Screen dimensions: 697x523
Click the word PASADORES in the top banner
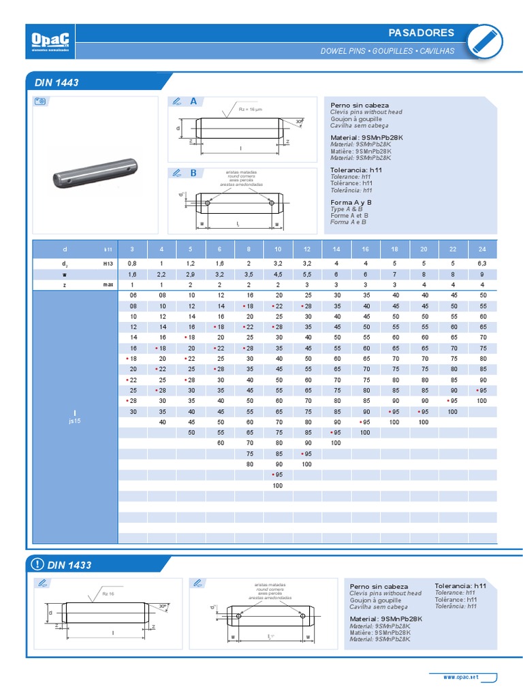(x=420, y=33)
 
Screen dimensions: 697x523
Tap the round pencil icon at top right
(x=486, y=40)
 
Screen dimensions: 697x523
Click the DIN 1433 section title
(x=69, y=565)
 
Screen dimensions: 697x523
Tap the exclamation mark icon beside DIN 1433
(x=37, y=565)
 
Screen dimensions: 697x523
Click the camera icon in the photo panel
(x=40, y=101)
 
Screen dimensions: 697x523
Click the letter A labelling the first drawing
(x=193, y=101)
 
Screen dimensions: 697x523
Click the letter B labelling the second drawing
(x=193, y=173)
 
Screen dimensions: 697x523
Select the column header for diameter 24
(x=483, y=249)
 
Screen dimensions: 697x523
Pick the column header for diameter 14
(x=336, y=249)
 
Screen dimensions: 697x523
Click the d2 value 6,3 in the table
(x=483, y=262)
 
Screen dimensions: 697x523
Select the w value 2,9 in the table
(x=191, y=274)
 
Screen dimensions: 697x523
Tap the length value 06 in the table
(x=133, y=295)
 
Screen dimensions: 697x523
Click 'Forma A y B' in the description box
(x=351, y=202)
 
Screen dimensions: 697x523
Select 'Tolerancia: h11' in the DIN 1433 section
(x=460, y=585)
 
